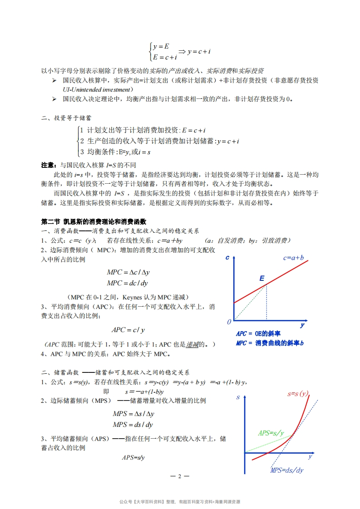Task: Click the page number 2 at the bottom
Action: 179,476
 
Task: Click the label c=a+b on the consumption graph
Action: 293,258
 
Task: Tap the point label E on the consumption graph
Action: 262,278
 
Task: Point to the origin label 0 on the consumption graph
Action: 229,322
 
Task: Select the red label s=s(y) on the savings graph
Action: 297,393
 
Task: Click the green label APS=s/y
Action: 271,433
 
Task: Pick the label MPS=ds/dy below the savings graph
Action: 286,470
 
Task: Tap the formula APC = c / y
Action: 131,330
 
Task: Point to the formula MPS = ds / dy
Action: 133,425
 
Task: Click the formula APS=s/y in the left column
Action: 133,458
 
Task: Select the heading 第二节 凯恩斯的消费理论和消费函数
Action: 94,222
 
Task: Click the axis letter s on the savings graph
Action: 238,398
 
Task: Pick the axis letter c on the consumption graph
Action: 227,258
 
